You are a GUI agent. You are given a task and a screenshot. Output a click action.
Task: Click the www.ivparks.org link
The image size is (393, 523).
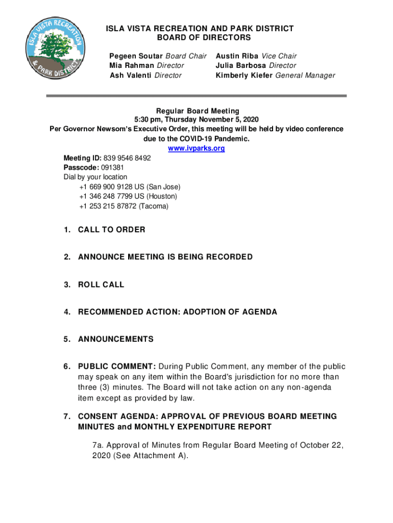pyautogui.click(x=196, y=149)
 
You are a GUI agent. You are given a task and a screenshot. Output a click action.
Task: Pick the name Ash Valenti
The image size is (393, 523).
pyautogui.click(x=131, y=76)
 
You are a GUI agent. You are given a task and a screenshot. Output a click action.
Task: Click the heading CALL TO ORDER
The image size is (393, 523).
pyautogui.click(x=111, y=230)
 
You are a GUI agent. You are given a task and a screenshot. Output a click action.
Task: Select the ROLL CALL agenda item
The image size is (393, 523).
pyautogui.click(x=101, y=284)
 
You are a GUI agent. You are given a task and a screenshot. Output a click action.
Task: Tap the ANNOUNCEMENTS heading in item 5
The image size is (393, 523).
pyautogui.click(x=115, y=339)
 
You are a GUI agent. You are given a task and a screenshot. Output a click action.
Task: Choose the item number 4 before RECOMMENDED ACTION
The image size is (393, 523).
pyautogui.click(x=67, y=312)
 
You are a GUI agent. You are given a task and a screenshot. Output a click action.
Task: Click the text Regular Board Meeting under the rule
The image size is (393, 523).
pyautogui.click(x=196, y=111)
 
